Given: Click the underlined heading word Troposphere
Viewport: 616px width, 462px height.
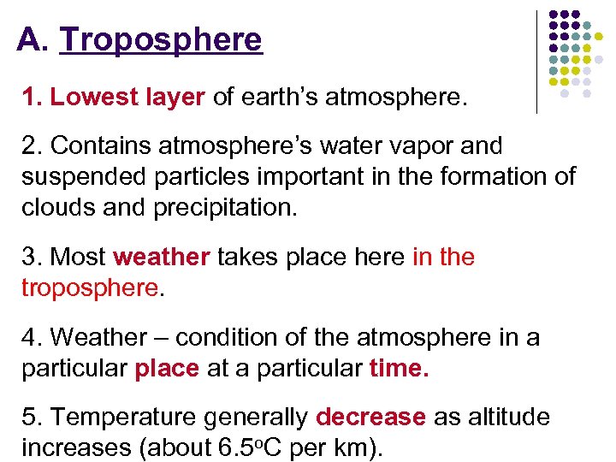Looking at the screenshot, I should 161,40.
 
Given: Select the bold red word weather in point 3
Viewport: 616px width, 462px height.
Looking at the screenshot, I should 161,257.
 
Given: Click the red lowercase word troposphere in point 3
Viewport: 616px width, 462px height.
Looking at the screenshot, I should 90,287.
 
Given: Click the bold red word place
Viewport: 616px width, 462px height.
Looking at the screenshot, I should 167,368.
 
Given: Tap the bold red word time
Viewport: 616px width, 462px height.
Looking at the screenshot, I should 400,368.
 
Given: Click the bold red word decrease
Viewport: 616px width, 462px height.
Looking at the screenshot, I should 370,418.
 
